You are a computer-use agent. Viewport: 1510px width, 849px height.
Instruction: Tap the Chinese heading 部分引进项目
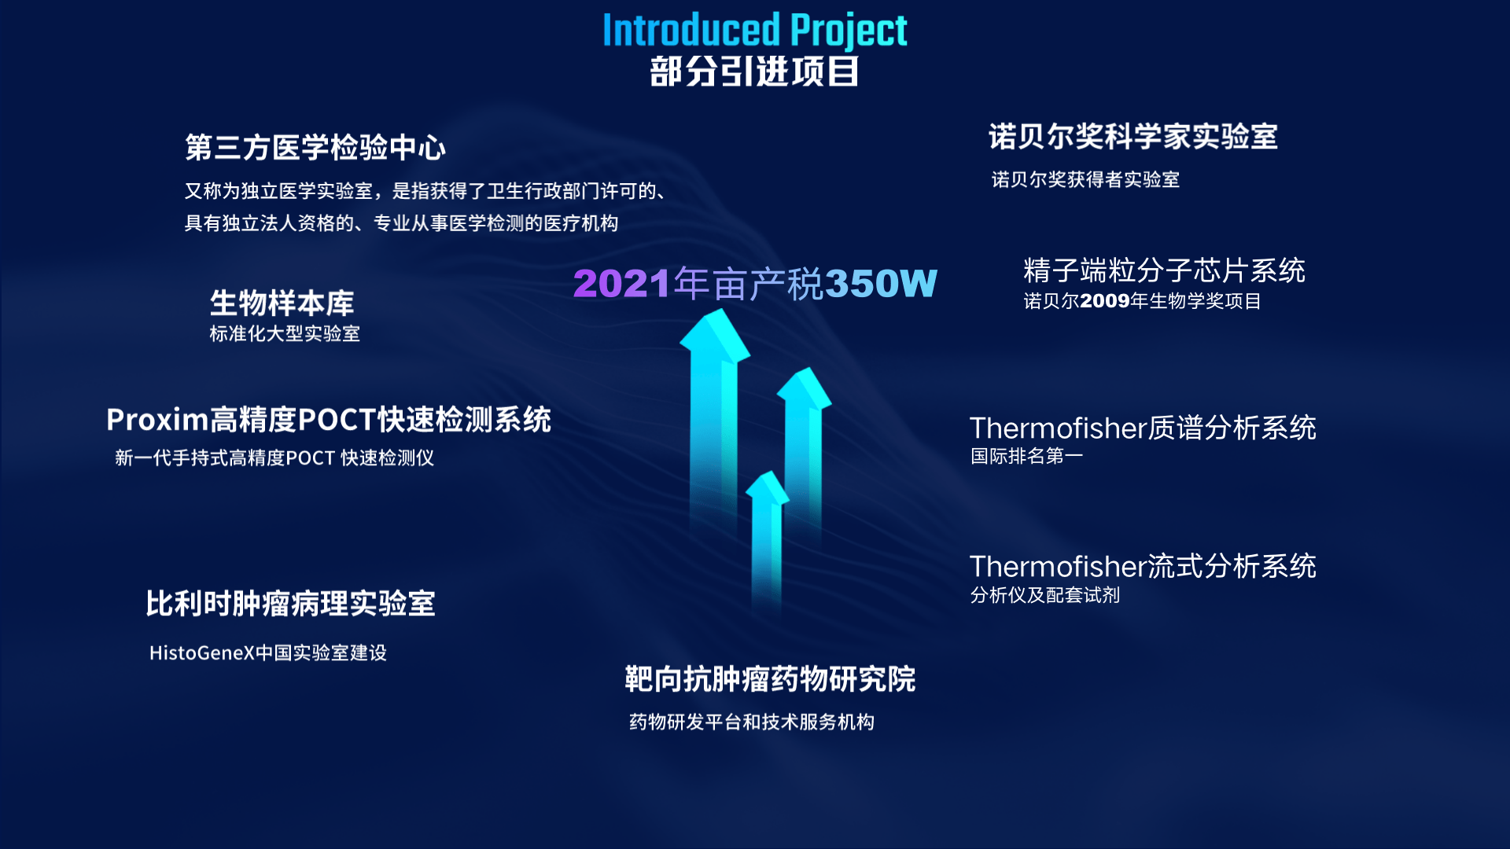tap(754, 72)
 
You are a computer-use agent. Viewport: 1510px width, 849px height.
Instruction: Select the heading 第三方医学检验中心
tap(315, 147)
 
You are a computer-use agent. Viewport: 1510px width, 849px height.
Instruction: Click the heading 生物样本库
tap(282, 303)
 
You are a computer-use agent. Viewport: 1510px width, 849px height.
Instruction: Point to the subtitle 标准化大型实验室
tap(285, 333)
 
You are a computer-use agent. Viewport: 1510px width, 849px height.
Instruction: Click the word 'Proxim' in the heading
tap(158, 420)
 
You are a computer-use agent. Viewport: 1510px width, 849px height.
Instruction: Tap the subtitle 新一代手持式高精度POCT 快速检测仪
tap(274, 458)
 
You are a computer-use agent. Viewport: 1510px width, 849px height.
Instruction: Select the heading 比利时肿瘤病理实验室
tap(290, 604)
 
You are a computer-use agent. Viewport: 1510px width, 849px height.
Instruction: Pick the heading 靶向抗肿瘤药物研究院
tap(770, 678)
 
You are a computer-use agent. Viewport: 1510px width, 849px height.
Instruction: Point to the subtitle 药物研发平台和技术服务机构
tap(752, 722)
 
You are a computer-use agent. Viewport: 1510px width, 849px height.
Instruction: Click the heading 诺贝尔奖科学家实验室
tap(1133, 136)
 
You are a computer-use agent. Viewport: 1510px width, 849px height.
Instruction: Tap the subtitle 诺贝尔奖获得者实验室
tap(1085, 179)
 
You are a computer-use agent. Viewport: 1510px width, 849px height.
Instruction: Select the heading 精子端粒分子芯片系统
tap(1165, 270)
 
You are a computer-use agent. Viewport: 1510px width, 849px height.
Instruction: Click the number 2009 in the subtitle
tap(1105, 301)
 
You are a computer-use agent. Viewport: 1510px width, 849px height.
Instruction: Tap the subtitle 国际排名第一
tap(1027, 456)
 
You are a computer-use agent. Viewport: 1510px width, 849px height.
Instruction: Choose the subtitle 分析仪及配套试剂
tap(1045, 595)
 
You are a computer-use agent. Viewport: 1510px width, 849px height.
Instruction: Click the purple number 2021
tap(622, 284)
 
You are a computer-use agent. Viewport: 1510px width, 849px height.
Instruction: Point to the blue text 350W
tap(882, 284)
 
